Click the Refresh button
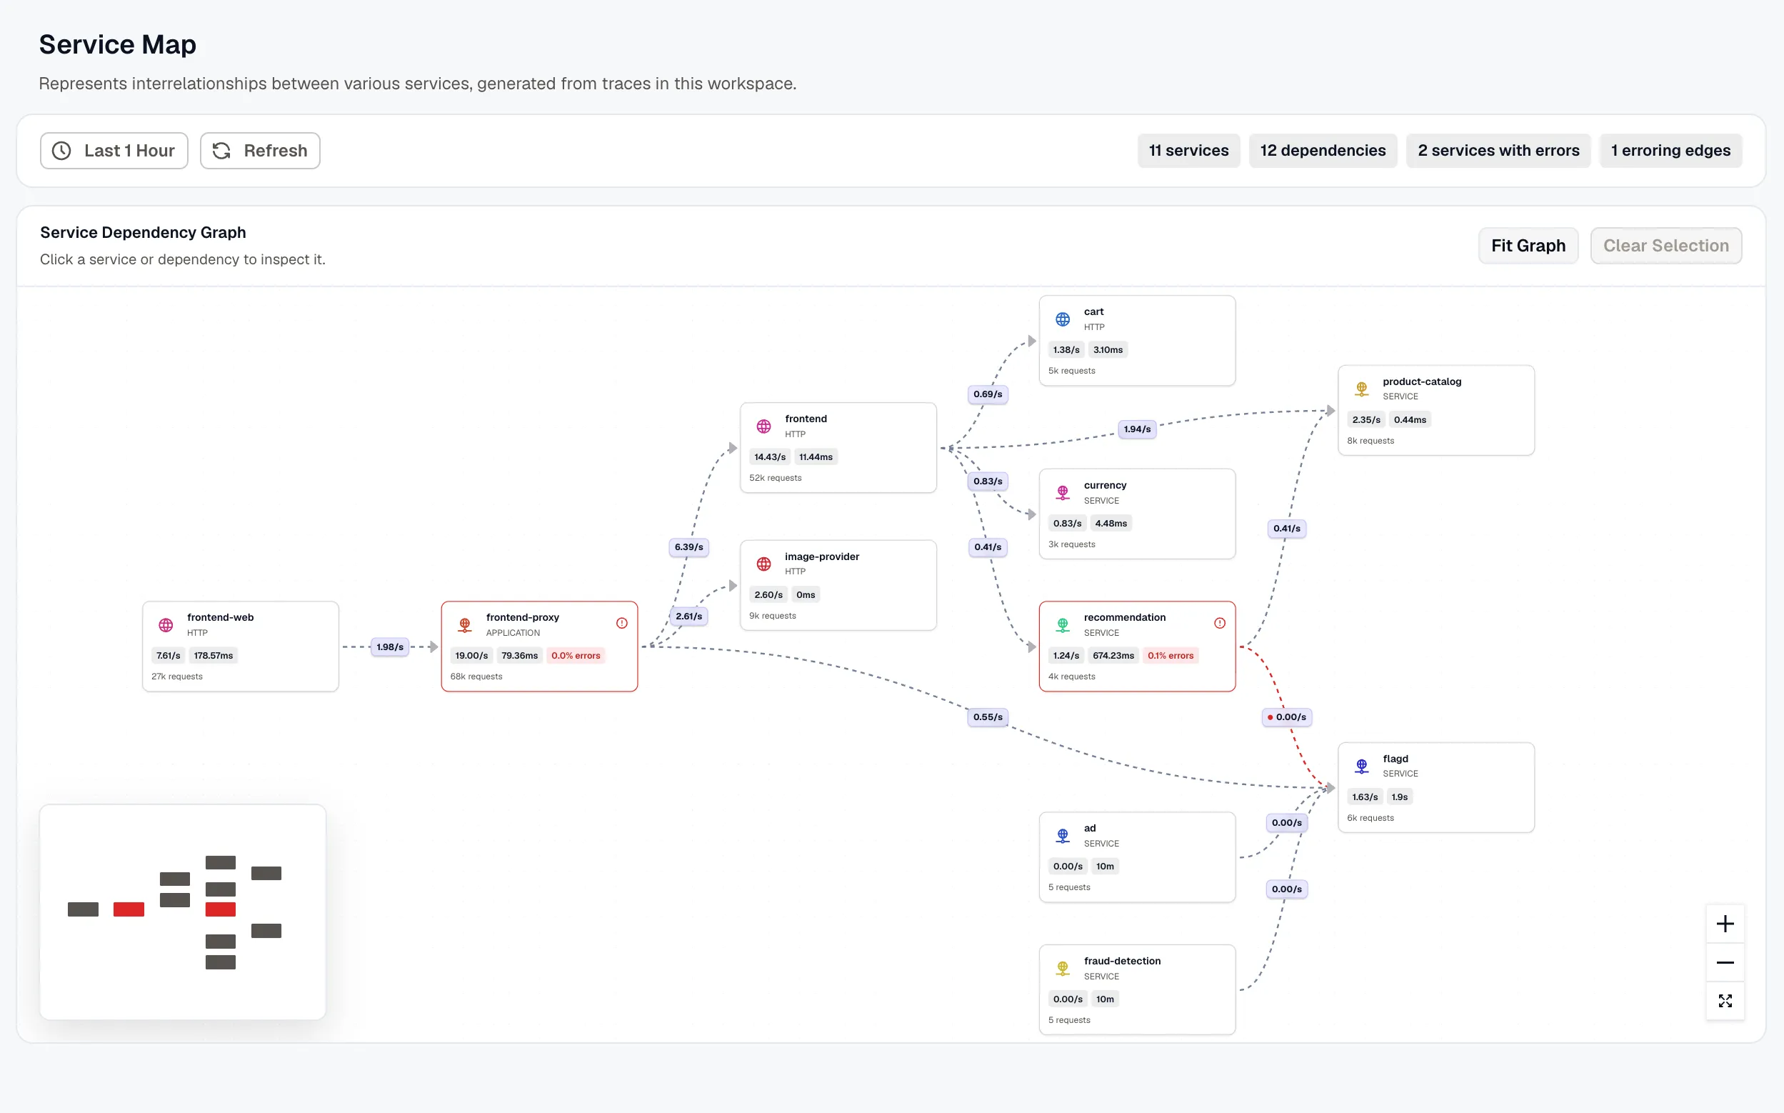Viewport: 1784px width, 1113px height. (260, 151)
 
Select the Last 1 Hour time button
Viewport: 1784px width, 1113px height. (114, 151)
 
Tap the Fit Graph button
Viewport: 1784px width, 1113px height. (1528, 246)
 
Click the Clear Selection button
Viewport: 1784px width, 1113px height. (1665, 246)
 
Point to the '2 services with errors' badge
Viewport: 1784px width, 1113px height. (1498, 151)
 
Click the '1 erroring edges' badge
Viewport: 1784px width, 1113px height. (1670, 151)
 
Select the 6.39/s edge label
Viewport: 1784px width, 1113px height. (688, 547)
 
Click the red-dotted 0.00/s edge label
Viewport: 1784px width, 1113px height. (1287, 717)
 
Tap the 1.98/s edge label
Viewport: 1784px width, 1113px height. (390, 647)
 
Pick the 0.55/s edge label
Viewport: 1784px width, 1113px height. (987, 717)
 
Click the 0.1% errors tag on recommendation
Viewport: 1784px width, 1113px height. (1171, 656)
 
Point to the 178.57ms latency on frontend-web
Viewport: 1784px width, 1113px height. (214, 656)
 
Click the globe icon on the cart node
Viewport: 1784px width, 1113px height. (1062, 319)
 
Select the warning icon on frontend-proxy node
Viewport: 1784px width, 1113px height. (621, 624)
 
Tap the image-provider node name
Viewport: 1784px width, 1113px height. (822, 556)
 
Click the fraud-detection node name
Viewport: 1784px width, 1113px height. (1122, 961)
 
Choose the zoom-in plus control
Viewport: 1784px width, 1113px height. (1725, 924)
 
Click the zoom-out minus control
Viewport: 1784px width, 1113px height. (1725, 963)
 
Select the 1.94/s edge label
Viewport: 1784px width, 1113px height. (1137, 429)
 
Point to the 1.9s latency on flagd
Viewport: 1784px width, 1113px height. (1399, 797)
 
